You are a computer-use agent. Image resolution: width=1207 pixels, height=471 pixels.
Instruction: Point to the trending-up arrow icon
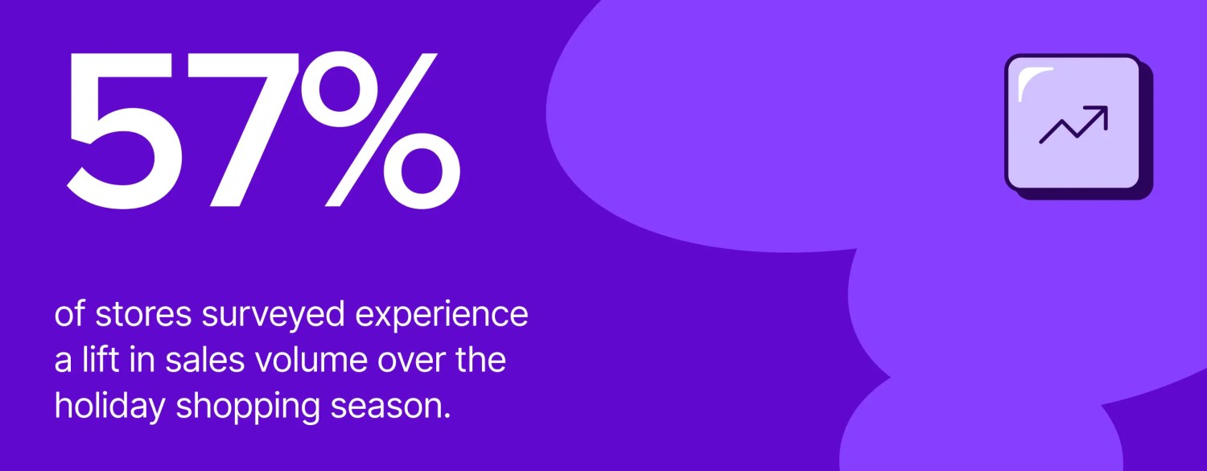click(1073, 125)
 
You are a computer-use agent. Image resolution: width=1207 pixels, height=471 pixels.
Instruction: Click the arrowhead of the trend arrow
click(1101, 113)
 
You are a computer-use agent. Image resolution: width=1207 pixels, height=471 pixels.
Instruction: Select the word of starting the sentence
click(70, 315)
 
